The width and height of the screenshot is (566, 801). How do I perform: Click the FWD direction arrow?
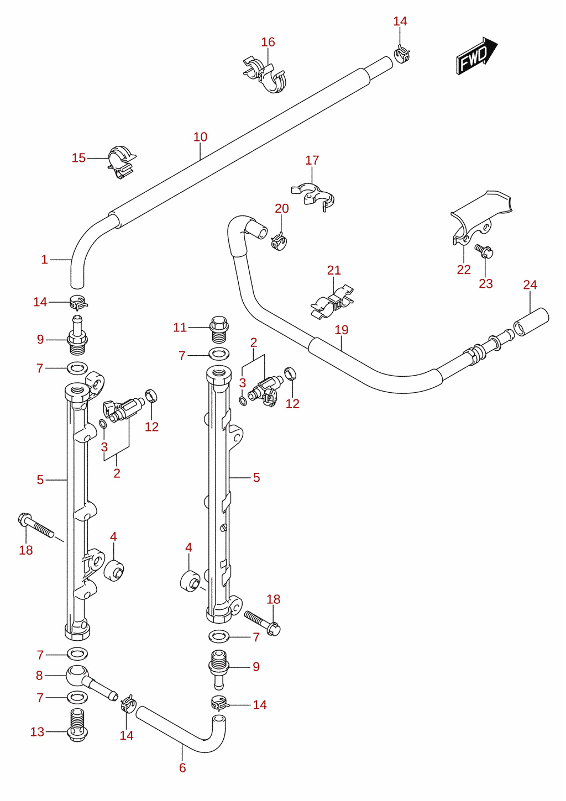[x=477, y=56]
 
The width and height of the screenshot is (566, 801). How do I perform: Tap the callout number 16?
[x=268, y=42]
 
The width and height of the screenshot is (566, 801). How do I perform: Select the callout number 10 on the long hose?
[x=200, y=136]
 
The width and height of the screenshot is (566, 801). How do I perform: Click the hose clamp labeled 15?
[x=122, y=162]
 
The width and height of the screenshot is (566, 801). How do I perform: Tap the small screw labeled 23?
[x=484, y=251]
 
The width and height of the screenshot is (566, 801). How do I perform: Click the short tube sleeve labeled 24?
[x=531, y=322]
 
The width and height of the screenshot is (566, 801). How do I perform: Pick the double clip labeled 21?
[x=332, y=302]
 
